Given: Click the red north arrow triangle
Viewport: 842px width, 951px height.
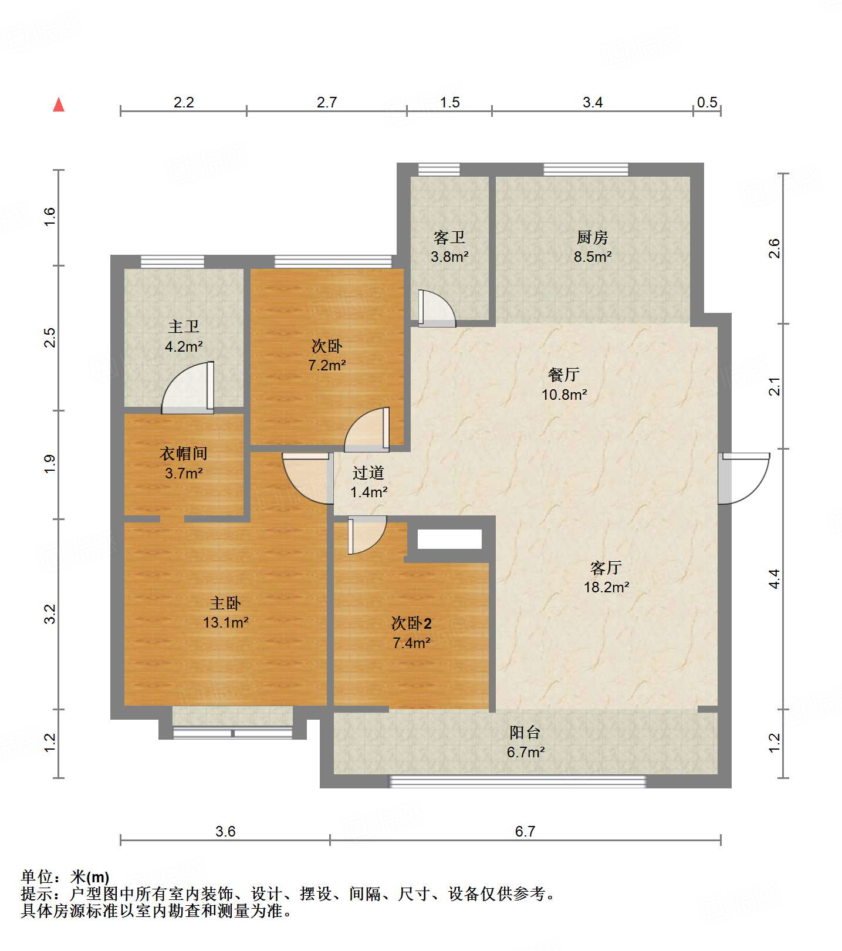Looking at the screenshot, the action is click(59, 104).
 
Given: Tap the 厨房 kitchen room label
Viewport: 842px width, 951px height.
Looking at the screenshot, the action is click(593, 238).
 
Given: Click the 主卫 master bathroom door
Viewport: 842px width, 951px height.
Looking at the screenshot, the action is click(188, 387).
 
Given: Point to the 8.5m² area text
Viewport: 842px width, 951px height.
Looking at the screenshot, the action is click(593, 257).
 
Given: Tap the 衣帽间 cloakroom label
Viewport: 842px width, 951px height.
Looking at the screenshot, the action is click(184, 453).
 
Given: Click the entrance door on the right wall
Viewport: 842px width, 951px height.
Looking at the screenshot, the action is click(743, 478).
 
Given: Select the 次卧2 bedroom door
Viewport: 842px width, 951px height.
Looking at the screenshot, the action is click(367, 535).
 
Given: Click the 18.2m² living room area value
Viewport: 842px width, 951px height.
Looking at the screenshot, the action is click(606, 587).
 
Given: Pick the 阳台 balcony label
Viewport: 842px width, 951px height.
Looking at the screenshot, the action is click(525, 733).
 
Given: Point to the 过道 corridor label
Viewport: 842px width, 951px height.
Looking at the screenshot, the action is click(368, 473).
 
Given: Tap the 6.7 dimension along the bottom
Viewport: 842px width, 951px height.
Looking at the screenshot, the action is click(525, 831).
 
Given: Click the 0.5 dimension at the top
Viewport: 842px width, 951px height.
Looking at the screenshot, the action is click(707, 102).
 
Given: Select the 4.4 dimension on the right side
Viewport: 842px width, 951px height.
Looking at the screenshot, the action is click(775, 579).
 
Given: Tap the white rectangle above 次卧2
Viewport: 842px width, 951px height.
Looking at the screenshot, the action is click(449, 539).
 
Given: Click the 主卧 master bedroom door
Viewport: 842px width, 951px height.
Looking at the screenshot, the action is click(308, 478).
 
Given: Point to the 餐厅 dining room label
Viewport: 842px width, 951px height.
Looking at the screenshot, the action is click(564, 375).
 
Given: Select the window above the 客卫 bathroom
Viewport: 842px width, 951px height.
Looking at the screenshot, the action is click(439, 170).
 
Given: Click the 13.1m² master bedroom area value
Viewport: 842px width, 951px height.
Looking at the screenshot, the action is click(226, 622).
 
